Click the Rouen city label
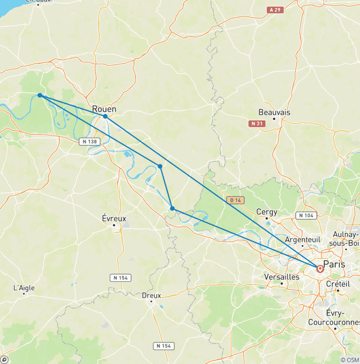pos(104,109)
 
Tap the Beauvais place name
pos(274,113)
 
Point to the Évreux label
pos(114,218)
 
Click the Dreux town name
pos(151,296)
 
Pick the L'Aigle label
pos(24,288)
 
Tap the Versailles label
pos(282,277)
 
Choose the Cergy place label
pos(267,212)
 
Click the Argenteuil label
pos(303,239)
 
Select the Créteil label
pos(337,284)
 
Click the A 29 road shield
pos(275,9)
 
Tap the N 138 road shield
pos(89,141)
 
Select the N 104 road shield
pos(306,215)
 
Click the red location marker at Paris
pos(320,269)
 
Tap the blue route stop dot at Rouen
pos(105,116)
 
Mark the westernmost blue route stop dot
pos(40,95)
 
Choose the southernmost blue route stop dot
pos(172,208)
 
